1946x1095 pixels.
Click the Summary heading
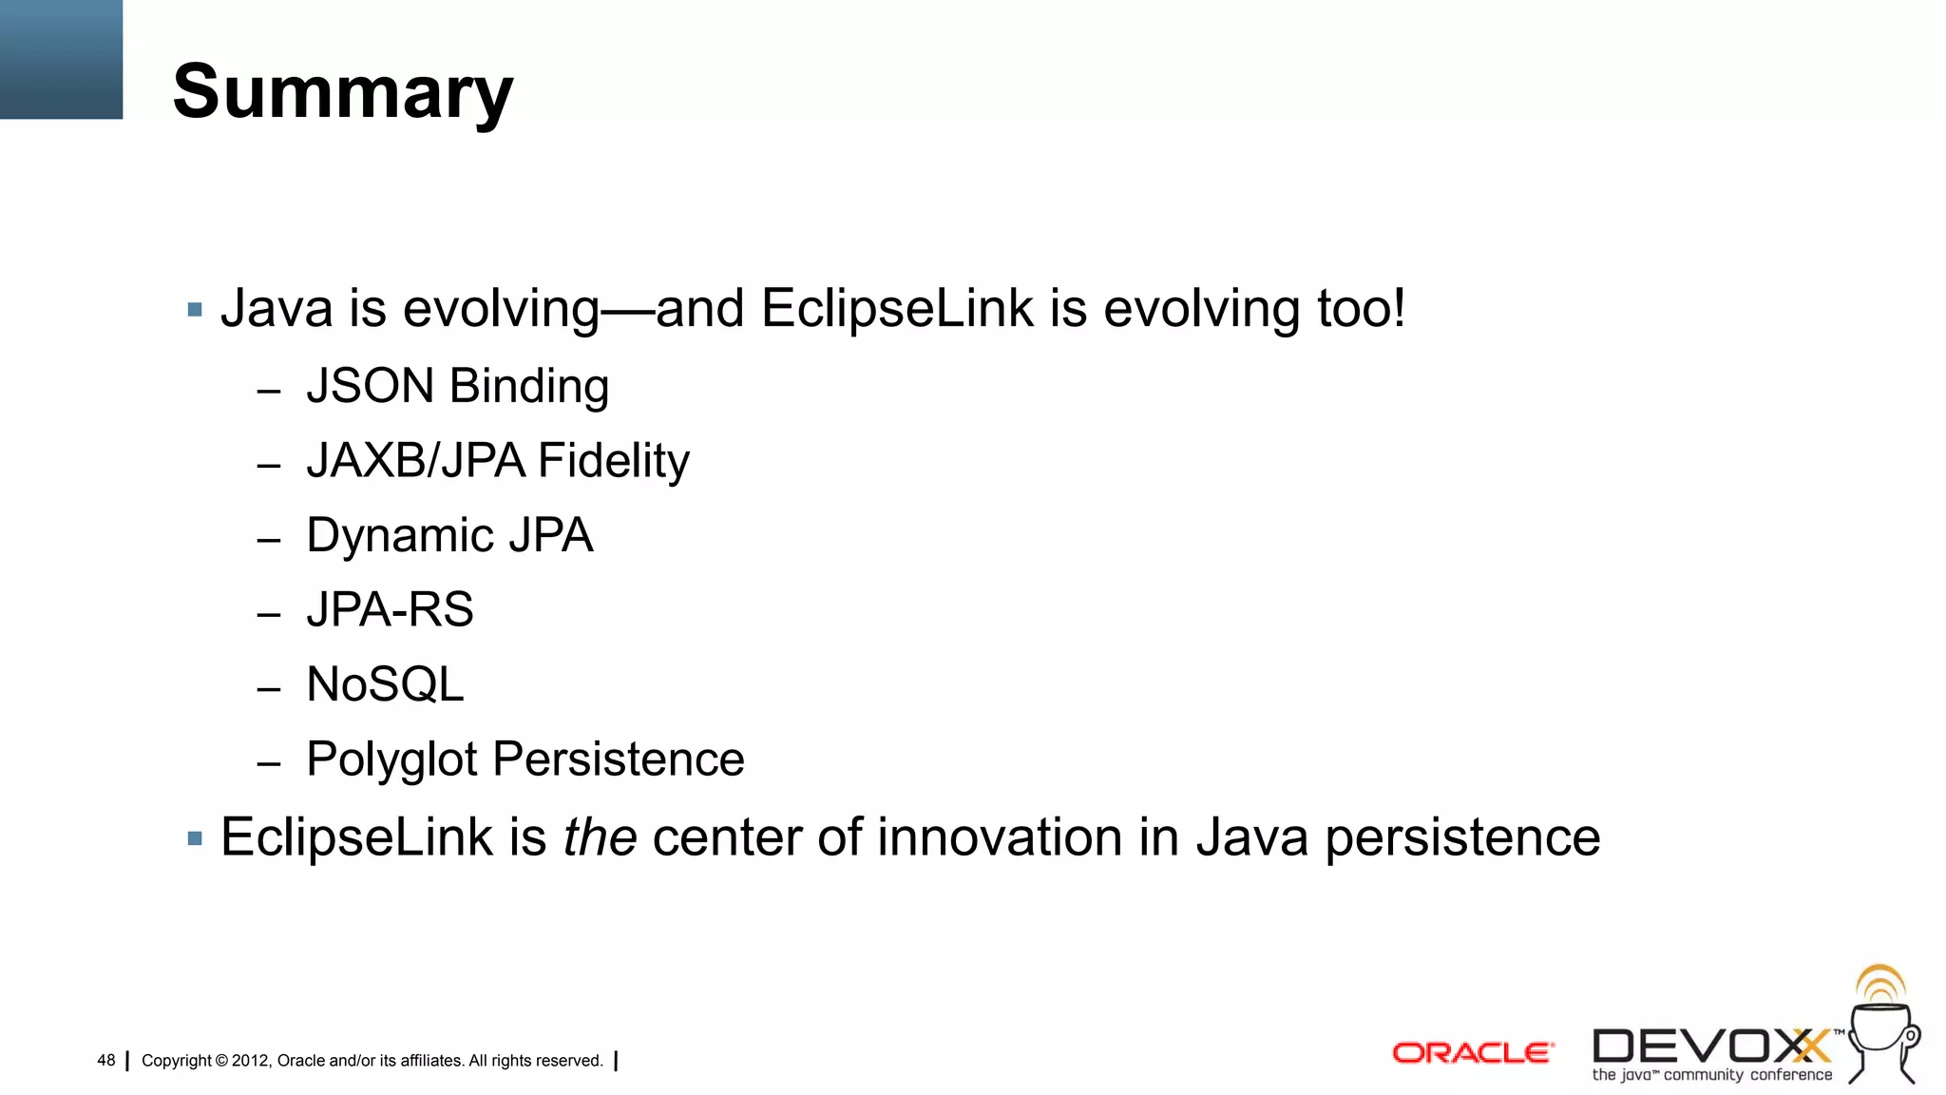click(342, 92)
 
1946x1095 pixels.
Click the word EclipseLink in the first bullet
click(896, 309)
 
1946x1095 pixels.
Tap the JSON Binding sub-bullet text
click(457, 386)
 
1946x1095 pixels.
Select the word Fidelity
click(614, 461)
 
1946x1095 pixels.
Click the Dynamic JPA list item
click(449, 535)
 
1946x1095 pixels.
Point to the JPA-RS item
click(390, 609)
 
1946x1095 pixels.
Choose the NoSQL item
click(385, 684)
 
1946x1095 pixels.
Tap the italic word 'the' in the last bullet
click(600, 837)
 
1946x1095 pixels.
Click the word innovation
click(1000, 837)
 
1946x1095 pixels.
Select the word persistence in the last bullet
click(1462, 837)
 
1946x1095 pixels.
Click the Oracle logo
click(1473, 1053)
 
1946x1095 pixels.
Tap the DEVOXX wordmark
click(1711, 1047)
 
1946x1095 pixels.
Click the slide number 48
click(106, 1060)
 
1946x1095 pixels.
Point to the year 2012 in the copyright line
click(251, 1061)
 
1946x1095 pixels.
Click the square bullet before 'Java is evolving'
click(195, 310)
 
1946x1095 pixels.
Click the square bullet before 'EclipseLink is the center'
click(195, 838)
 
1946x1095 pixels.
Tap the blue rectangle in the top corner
click(61, 59)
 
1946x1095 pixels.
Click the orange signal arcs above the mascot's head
click(1880, 983)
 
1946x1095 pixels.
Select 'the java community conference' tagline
click(1711, 1075)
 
